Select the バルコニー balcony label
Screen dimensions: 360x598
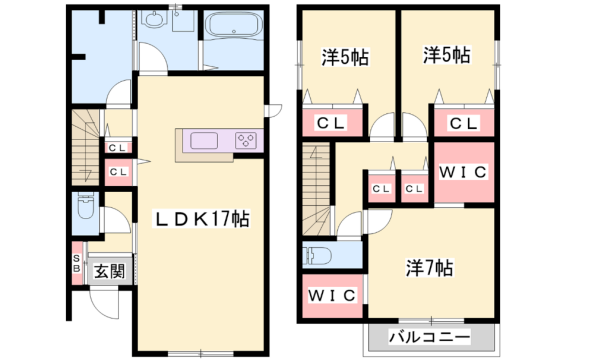pyautogui.click(x=430, y=337)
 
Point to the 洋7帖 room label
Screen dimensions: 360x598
pyautogui.click(x=430, y=268)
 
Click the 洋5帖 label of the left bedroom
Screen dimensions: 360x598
pyautogui.click(x=344, y=57)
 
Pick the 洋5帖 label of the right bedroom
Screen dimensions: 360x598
pyautogui.click(x=445, y=57)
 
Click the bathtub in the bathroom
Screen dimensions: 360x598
pyautogui.click(x=231, y=24)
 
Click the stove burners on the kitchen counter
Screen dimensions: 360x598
pyautogui.click(x=244, y=140)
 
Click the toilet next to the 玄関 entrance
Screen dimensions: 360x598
pyautogui.click(x=84, y=212)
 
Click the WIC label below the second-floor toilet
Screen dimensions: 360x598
pyautogui.click(x=331, y=297)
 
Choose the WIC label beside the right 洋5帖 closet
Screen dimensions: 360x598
pyautogui.click(x=463, y=171)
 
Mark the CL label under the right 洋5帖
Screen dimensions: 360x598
pyautogui.click(x=463, y=123)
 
